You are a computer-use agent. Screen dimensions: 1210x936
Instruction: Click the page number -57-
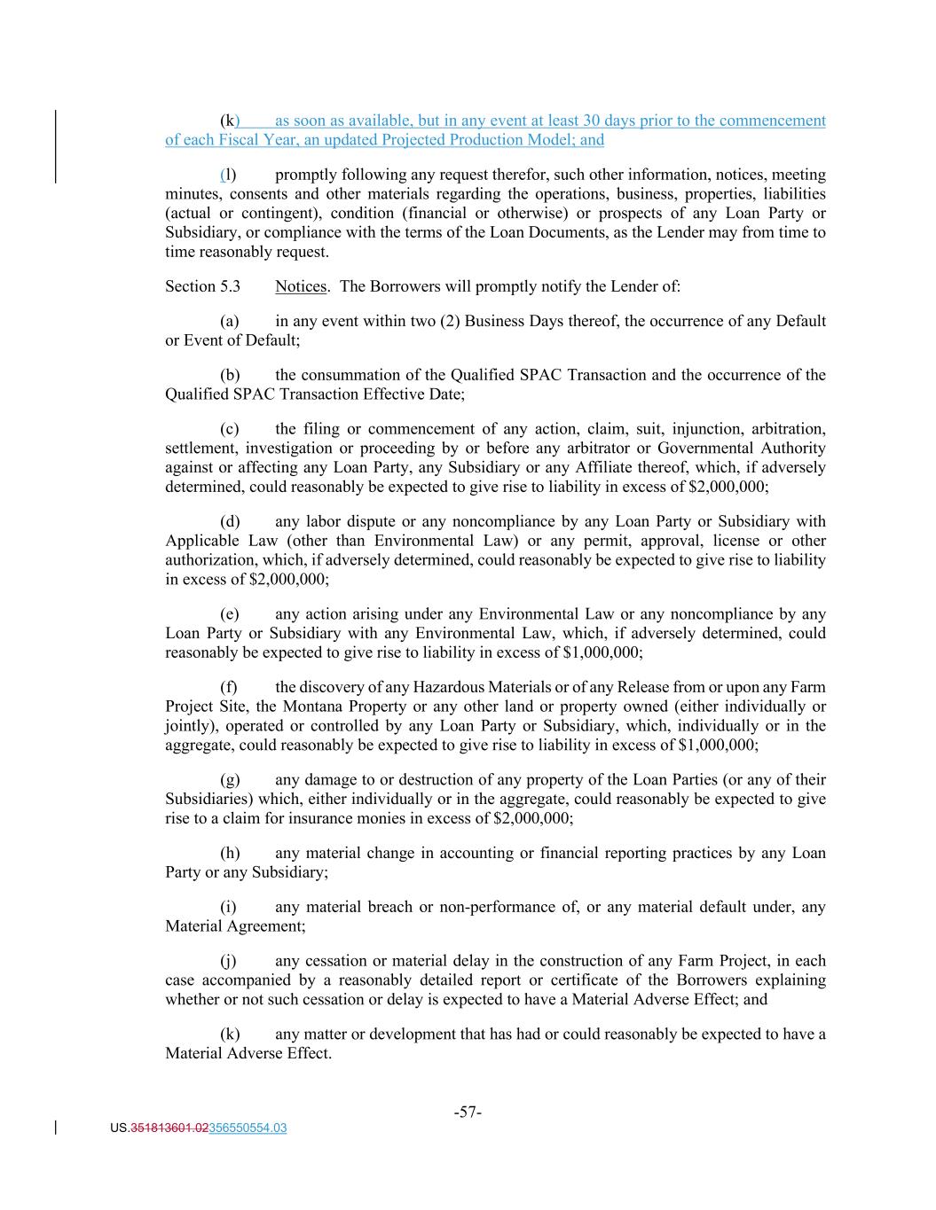(468, 1112)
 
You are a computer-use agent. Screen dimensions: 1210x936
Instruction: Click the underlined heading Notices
(301, 286)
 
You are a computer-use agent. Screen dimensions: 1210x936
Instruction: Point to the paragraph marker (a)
(230, 321)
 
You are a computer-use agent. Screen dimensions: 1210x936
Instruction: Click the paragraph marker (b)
(230, 375)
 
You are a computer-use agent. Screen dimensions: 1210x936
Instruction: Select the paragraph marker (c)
(230, 429)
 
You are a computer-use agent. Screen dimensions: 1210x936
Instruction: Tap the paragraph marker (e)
(230, 614)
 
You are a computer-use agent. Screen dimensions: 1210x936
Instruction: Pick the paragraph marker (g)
(230, 780)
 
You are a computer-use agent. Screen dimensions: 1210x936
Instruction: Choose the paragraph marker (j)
(229, 961)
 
